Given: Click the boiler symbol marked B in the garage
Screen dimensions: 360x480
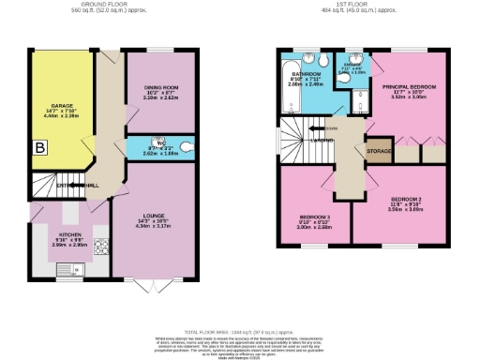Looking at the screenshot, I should tap(40, 147).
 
